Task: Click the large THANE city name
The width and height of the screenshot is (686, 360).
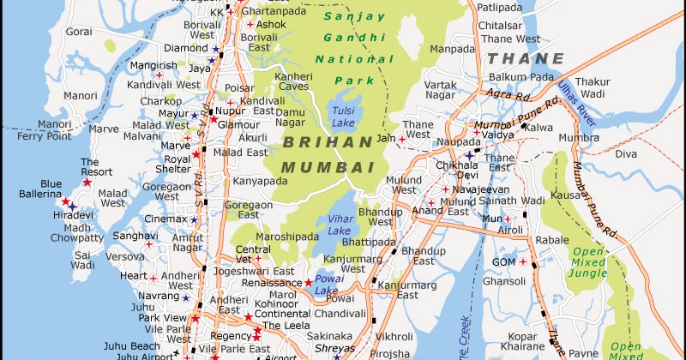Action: point(526,59)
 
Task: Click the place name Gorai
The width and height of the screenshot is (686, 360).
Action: point(79,31)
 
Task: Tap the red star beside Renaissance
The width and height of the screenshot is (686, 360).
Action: point(309,282)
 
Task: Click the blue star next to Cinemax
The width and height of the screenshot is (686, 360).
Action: point(194,219)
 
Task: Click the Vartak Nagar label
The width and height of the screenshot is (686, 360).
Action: point(440,90)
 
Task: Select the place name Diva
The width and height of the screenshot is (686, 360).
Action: point(626,153)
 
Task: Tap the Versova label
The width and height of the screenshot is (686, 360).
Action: point(125,255)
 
